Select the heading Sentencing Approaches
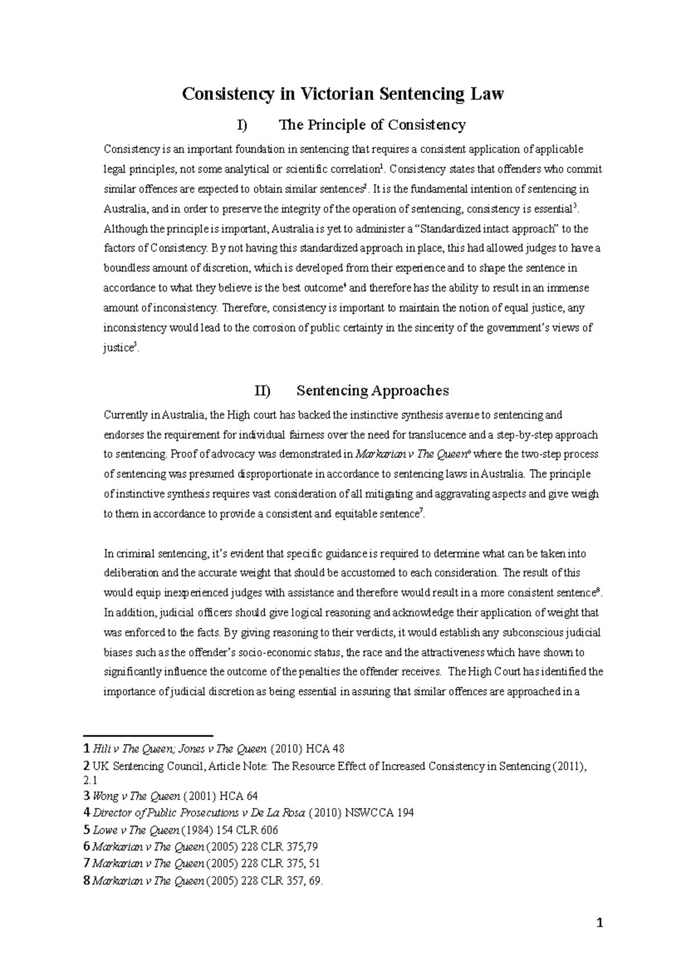pos(373,391)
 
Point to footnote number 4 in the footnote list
pos(86,812)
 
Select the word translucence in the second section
pos(435,435)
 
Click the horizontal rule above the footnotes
pos(148,735)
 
